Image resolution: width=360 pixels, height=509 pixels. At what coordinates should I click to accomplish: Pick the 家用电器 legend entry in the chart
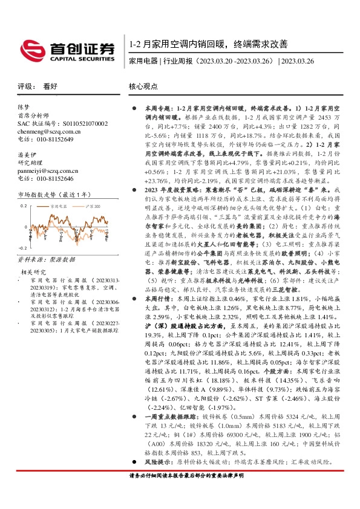(x=59, y=206)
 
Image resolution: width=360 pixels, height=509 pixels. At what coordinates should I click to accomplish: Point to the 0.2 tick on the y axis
(x=24, y=206)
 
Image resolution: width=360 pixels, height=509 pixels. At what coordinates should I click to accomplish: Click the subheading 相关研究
(x=33, y=272)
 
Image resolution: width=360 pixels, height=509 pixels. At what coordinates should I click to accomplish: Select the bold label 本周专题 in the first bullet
(x=159, y=107)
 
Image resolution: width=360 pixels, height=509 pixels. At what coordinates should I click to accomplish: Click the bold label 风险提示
(x=159, y=461)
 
